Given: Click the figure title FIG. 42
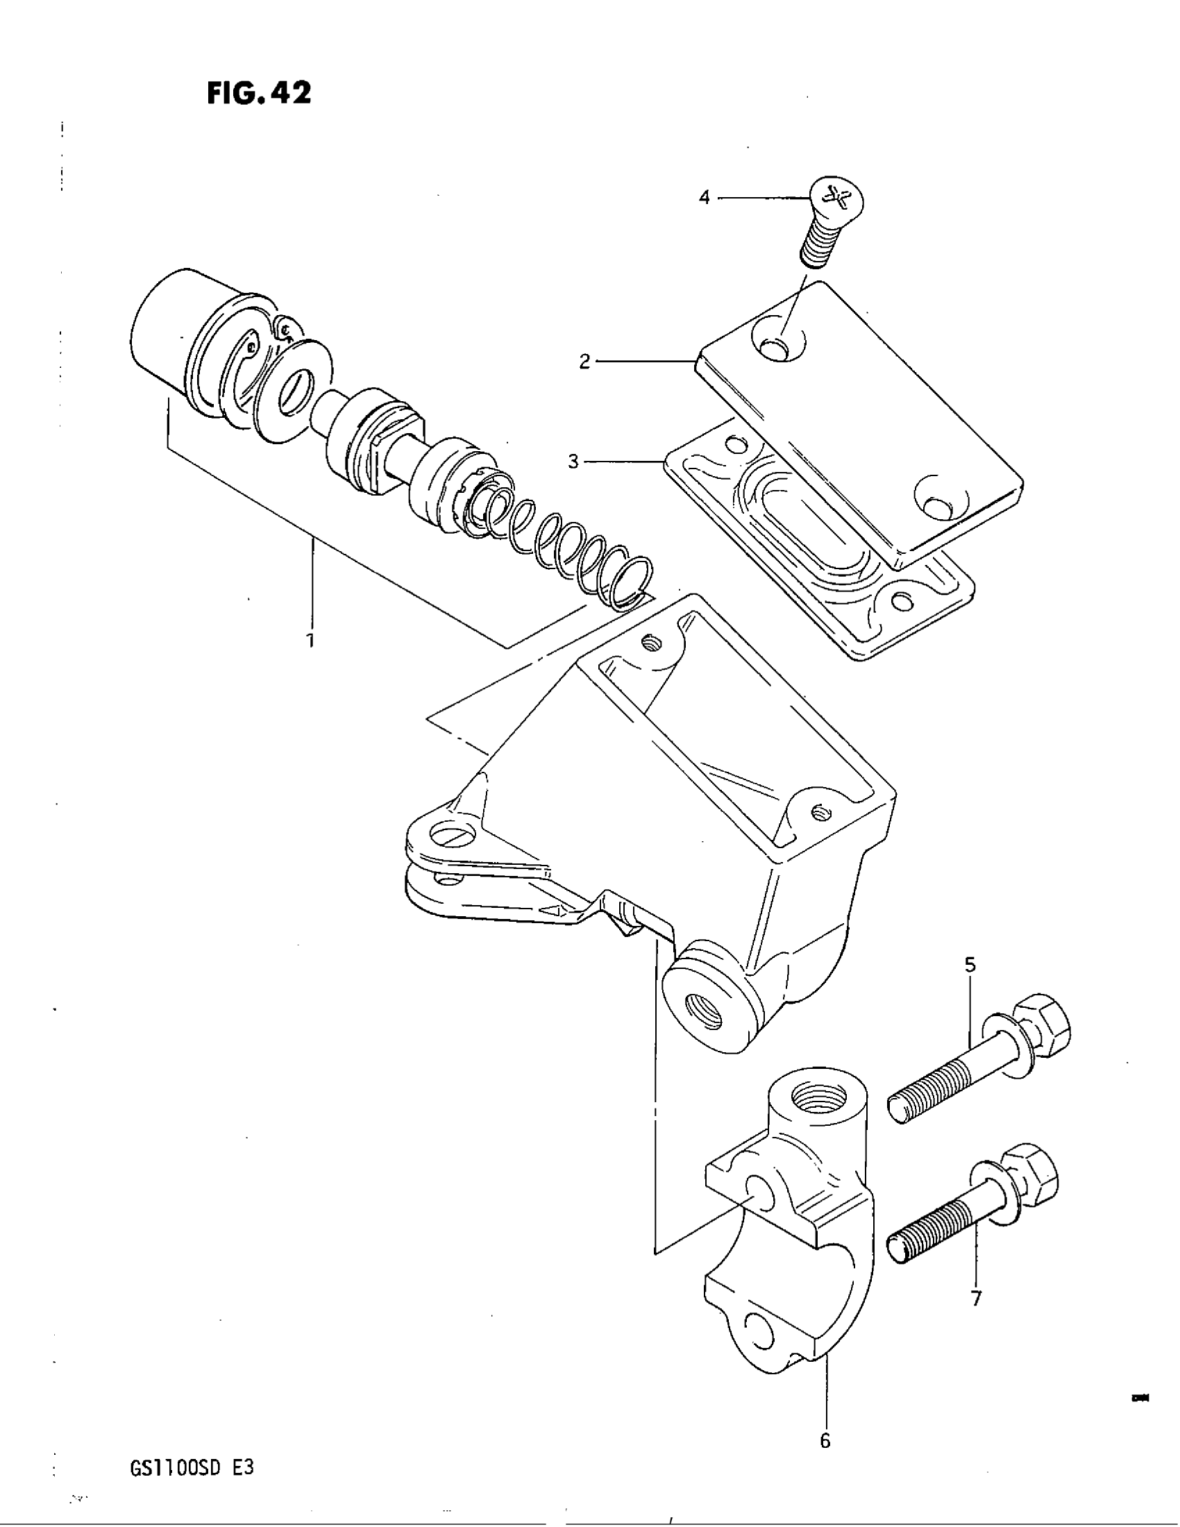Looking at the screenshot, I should [259, 94].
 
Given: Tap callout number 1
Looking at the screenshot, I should [310, 640].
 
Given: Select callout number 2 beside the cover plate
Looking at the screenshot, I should [584, 362].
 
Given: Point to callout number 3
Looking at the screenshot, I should [573, 462].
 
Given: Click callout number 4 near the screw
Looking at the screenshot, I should [704, 198].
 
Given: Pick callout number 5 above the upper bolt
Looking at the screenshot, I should [970, 965].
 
